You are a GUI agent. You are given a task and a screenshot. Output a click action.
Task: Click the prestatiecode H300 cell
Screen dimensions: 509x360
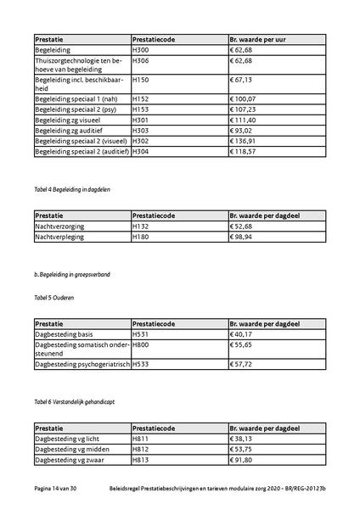coord(141,51)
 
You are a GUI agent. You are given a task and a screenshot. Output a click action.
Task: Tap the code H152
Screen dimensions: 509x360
coord(141,99)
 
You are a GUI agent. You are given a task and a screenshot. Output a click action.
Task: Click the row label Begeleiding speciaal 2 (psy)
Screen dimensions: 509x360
coord(75,110)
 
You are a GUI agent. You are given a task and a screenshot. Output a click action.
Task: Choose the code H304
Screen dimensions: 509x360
coord(141,152)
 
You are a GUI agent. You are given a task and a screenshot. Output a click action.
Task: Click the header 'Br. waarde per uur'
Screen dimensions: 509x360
coord(260,39)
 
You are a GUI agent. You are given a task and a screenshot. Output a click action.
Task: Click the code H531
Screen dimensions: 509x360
coord(141,335)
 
